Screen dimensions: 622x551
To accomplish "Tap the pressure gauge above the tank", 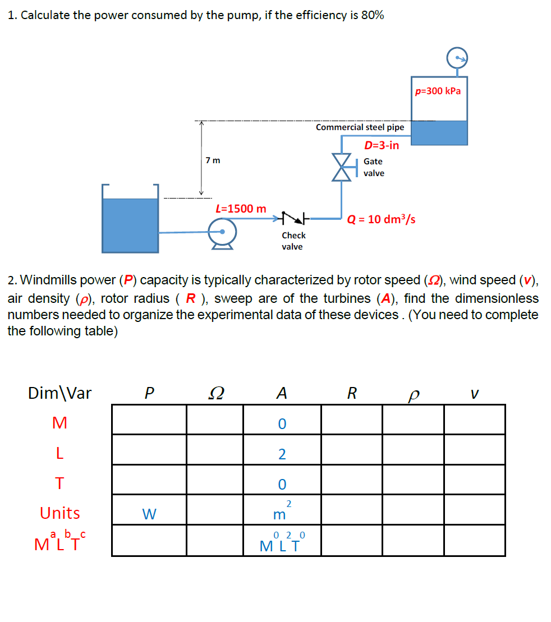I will point(458,57).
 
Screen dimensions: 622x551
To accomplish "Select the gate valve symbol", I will point(342,167).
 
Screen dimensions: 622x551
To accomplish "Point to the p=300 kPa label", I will point(438,91).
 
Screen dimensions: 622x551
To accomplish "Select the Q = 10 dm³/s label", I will point(382,219).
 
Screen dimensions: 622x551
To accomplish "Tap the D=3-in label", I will point(382,146).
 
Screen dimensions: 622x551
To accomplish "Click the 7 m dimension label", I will point(213,160).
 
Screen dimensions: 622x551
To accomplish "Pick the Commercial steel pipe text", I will point(360,127).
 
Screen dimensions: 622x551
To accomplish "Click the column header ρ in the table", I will point(414,395).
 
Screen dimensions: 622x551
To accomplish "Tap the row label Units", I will point(59,513).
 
